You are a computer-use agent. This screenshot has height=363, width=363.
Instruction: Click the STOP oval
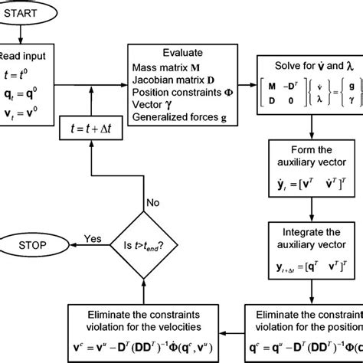click(x=34, y=246)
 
